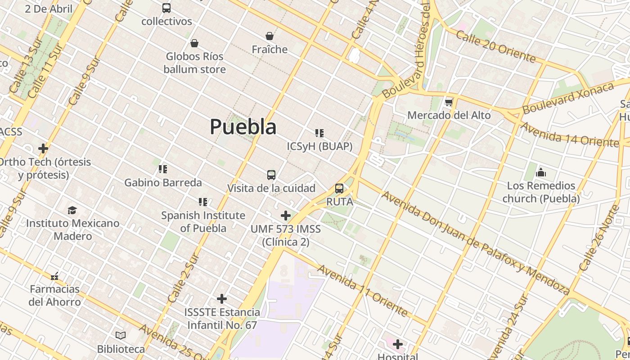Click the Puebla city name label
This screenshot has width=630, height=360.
point(243,127)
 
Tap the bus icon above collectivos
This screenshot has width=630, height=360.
point(166,8)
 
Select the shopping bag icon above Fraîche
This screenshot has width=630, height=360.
point(270,36)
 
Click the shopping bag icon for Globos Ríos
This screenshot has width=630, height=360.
point(194,43)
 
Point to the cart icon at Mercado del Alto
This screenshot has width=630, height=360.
point(449,103)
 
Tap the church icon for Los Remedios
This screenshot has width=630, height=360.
point(541,173)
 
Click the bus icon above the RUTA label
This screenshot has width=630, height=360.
point(339,189)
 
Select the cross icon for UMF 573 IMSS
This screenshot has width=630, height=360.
point(285,216)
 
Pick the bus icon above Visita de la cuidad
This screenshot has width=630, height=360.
point(271,175)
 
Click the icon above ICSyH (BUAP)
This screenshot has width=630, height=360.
point(319,133)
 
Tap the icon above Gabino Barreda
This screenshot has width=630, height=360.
point(163,169)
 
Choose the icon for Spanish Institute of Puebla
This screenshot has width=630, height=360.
point(203,202)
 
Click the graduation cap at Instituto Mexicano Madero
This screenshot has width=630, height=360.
point(72,210)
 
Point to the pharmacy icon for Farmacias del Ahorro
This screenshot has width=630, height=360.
point(55,276)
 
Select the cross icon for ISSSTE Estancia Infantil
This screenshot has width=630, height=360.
point(222,299)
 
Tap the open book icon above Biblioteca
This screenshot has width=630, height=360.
point(121,335)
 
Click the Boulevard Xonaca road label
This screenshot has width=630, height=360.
point(568,98)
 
